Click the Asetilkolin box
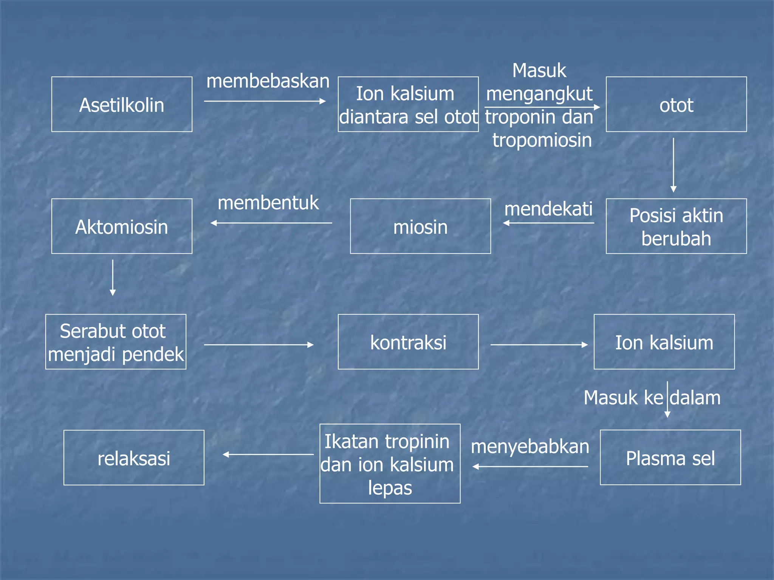122,104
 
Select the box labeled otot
676,104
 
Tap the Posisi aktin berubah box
676,226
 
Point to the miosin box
420,226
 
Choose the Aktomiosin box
122,226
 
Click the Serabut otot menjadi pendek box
116,342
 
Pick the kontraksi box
408,342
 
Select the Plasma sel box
670,457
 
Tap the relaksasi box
134,458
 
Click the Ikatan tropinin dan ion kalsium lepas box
390,464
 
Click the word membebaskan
268,81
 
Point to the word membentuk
268,203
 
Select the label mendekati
548,209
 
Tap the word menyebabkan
530,447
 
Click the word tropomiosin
542,140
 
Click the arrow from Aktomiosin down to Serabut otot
113,278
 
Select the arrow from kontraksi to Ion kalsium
539,345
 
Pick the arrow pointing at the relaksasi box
268,454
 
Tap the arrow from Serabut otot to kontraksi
259,345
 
